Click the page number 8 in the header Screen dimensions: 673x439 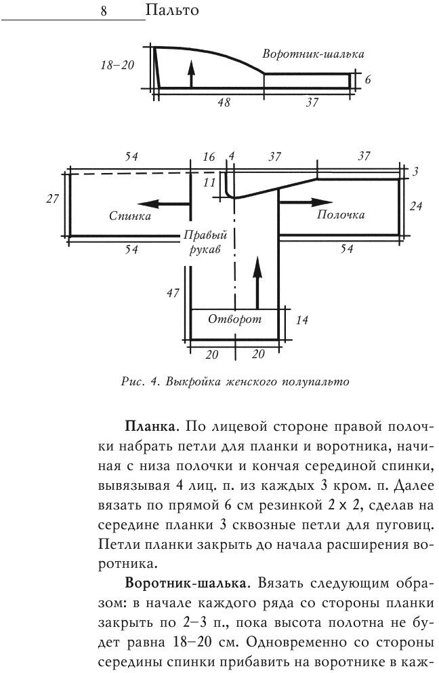point(105,11)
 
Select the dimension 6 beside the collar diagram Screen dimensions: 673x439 point(368,79)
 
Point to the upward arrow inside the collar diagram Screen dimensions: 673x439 point(192,74)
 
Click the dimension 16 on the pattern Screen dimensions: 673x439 point(209,157)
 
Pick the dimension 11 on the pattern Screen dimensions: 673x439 point(209,182)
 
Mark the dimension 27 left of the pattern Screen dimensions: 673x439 point(50,199)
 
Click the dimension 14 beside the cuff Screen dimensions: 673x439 point(303,320)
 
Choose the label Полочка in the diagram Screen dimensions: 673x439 point(340,215)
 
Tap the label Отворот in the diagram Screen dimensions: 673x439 point(234,319)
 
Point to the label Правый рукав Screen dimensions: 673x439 point(205,242)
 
